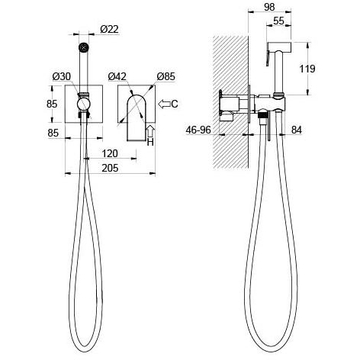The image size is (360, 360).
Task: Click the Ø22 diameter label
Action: coord(109,29)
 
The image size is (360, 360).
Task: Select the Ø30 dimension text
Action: coord(62,76)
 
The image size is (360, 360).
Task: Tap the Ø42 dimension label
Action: coord(117,76)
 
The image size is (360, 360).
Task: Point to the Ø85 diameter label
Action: coord(166,76)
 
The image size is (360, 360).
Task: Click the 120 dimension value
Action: coord(110,153)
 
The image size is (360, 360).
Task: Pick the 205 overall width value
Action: coord(110,168)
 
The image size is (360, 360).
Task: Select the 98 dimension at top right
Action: coord(269,7)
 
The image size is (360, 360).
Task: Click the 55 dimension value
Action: coord(278,21)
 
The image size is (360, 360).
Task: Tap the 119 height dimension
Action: coord(307,69)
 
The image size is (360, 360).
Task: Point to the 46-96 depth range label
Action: coord(198,130)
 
